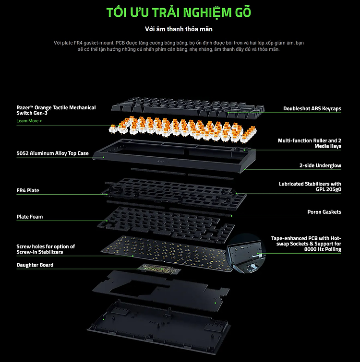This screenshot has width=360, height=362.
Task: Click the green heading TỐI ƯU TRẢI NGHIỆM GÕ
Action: point(179,12)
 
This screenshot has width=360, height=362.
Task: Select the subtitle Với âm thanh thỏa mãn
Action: point(179,29)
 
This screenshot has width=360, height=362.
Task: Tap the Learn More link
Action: point(29,121)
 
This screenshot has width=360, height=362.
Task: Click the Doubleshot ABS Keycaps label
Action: point(312,108)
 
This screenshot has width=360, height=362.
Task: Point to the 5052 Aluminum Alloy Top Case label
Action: point(52,153)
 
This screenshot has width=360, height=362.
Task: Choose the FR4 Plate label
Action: point(28,190)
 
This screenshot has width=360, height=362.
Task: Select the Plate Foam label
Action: point(30,217)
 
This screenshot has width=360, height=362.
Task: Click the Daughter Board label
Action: point(35,265)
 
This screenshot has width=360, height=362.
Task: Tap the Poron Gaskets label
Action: point(324,212)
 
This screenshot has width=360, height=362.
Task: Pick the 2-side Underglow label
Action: point(320,165)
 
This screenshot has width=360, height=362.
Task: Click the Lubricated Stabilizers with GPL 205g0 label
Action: point(310,187)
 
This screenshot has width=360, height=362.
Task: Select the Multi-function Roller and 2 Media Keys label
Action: point(310,143)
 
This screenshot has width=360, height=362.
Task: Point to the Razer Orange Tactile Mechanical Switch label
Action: point(56,110)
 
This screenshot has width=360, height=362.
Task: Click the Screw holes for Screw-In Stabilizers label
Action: point(46,249)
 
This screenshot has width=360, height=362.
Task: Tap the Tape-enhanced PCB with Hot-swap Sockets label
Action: point(306,244)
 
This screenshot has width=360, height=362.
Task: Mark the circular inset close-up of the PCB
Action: point(246,254)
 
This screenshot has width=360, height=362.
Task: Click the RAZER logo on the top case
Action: point(161,162)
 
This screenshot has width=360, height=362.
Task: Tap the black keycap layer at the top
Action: point(188,108)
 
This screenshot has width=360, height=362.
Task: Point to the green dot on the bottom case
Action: point(104,319)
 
